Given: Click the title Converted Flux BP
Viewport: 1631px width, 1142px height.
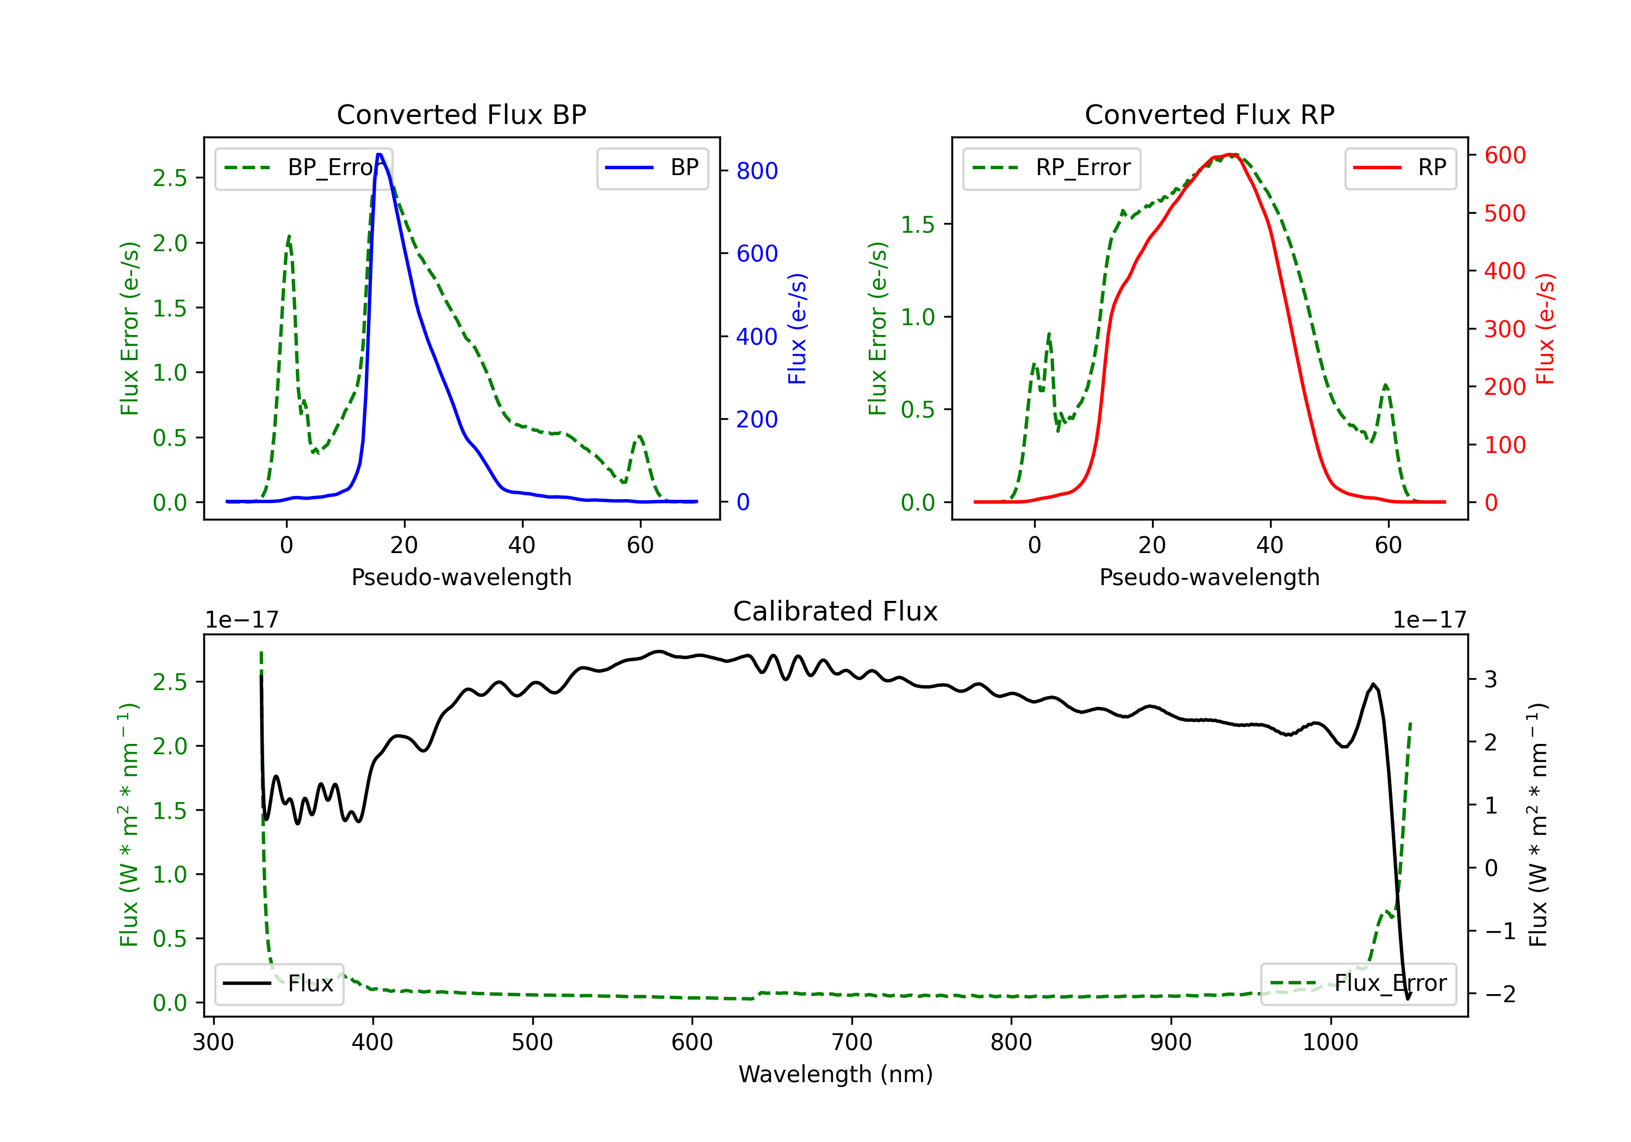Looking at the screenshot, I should click(x=461, y=114).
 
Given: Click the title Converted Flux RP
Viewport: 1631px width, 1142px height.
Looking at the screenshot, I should click(x=1209, y=114).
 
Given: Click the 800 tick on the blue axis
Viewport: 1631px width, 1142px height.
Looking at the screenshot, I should click(x=757, y=171).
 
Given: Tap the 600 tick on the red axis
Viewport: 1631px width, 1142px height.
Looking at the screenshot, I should click(x=1504, y=155).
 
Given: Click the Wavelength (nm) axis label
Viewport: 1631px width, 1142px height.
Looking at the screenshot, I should click(x=836, y=1074).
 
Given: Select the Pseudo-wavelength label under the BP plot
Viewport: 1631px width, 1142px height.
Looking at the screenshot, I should click(x=461, y=577).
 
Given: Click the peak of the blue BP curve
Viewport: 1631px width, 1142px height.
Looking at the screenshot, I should click(x=379, y=154).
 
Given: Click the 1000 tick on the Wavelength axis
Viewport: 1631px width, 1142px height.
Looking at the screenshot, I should click(x=1330, y=1042).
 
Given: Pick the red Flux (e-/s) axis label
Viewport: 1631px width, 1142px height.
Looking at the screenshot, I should click(x=1545, y=328).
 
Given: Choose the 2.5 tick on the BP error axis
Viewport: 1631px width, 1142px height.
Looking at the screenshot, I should click(x=170, y=178).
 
